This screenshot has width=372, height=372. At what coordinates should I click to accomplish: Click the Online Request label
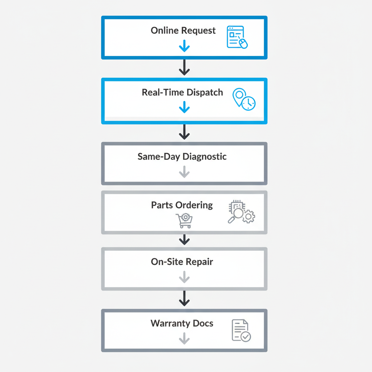coord(183,31)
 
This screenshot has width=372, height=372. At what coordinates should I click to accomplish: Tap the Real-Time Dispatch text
coord(182,92)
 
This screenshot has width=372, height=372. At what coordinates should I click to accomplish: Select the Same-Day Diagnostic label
coord(182,157)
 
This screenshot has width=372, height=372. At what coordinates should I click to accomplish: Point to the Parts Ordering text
coord(182,205)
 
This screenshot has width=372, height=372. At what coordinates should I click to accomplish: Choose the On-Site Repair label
coord(182,262)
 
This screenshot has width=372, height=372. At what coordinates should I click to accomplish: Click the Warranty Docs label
coord(182,323)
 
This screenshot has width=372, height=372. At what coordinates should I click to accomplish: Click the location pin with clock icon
coord(244,98)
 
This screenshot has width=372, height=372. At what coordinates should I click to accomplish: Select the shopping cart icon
coord(184,221)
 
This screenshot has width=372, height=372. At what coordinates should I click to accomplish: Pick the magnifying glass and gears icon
coord(241,212)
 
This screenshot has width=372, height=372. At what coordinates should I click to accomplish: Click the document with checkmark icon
coord(241,330)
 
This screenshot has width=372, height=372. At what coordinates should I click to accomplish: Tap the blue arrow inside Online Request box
coord(185,46)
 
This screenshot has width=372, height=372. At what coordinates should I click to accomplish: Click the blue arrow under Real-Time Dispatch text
coord(185,107)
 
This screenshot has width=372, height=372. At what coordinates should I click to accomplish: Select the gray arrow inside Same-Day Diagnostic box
coord(185,172)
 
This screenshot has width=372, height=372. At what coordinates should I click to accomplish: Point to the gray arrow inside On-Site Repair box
coord(185,278)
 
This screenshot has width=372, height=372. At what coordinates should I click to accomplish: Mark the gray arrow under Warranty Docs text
coord(185,339)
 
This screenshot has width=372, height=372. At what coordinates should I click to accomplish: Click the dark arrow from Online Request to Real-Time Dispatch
coord(185,68)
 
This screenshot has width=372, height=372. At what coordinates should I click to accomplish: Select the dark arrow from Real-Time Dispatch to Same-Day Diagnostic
coord(185,132)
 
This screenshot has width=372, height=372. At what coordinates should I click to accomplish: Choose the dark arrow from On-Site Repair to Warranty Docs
coord(185,299)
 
